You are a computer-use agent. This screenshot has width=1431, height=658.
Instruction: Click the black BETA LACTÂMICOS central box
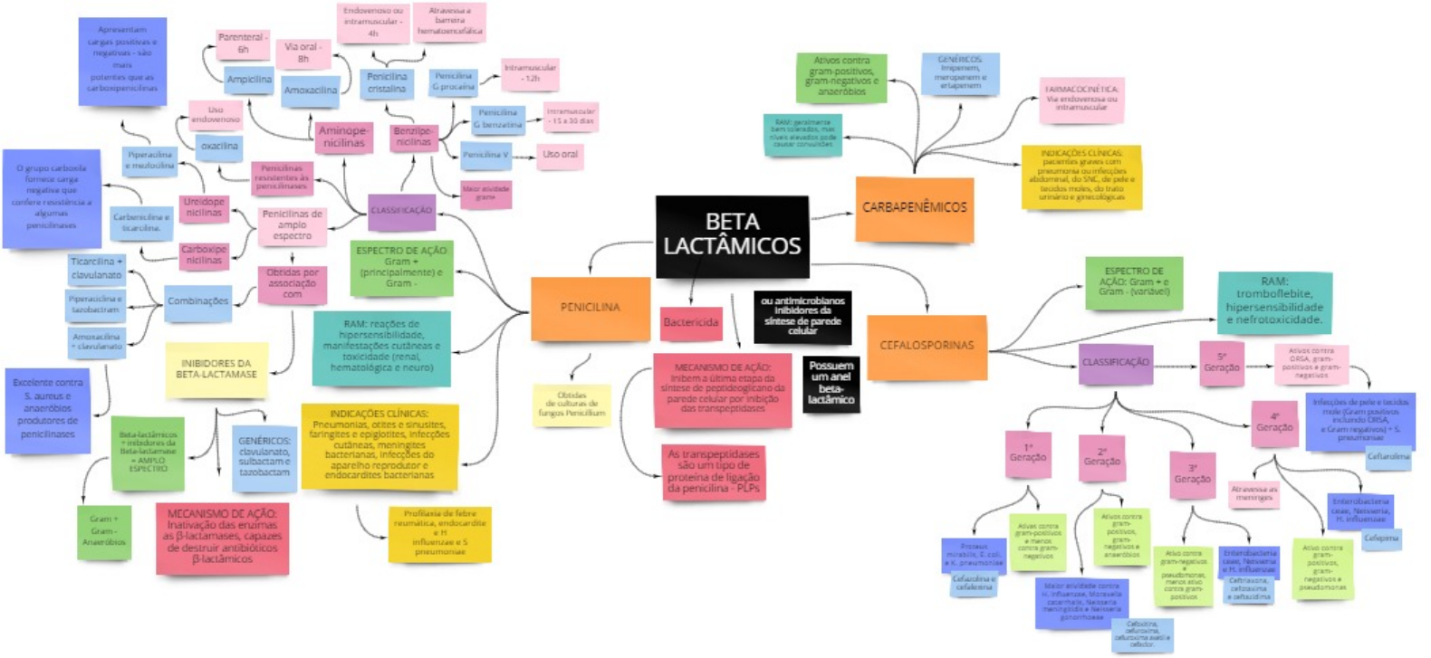(731, 234)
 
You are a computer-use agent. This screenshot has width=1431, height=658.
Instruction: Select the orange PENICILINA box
(590, 308)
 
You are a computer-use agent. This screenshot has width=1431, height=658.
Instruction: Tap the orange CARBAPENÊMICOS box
(914, 208)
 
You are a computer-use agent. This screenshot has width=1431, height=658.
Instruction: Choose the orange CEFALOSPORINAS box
(927, 346)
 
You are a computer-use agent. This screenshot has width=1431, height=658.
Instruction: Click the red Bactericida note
(691, 322)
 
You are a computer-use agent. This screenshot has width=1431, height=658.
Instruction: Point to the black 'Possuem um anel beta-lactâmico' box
(831, 383)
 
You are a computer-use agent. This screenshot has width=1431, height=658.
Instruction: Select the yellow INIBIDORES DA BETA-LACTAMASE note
(216, 369)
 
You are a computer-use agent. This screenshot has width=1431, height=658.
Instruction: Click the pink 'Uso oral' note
(560, 155)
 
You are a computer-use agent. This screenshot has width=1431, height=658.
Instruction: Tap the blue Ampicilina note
(249, 80)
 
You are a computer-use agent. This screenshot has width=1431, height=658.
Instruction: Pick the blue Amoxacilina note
(310, 91)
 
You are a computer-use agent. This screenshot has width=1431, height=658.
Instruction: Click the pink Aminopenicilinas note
(343, 138)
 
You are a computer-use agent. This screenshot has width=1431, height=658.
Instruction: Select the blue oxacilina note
(219, 146)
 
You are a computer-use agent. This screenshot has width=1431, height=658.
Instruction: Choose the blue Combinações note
(197, 301)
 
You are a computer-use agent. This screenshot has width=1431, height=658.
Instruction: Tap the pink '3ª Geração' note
(1192, 474)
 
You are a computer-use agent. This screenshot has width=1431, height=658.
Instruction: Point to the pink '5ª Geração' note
(1221, 362)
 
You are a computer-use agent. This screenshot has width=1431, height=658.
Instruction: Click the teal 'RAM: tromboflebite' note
(1273, 300)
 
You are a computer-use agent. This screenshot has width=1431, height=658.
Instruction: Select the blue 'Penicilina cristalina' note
(387, 83)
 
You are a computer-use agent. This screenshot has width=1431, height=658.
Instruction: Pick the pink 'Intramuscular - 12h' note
(530, 73)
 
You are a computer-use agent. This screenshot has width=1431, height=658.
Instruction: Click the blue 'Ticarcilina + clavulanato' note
(97, 268)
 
